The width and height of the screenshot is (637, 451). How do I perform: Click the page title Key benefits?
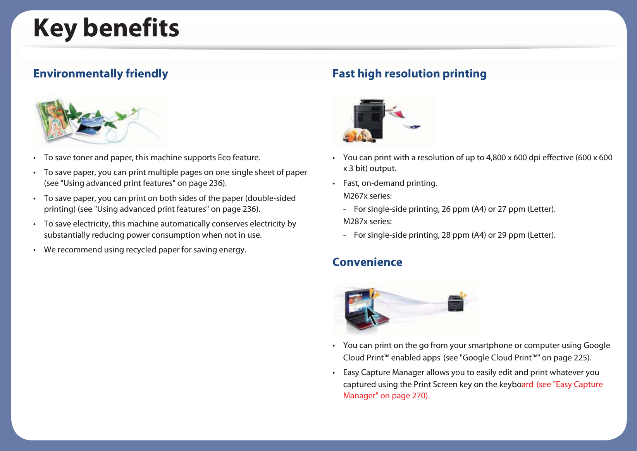pyautogui.click(x=106, y=28)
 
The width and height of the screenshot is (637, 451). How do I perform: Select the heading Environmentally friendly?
pyautogui.click(x=101, y=74)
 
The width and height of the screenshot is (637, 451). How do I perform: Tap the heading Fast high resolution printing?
pyautogui.click(x=410, y=74)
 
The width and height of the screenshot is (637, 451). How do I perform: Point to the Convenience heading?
pyautogui.click(x=367, y=262)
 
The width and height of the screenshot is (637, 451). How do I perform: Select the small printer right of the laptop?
pyautogui.click(x=456, y=303)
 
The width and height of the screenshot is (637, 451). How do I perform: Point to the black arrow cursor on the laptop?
pyautogui.click(x=372, y=316)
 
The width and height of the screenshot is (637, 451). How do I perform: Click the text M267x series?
pyautogui.click(x=367, y=196)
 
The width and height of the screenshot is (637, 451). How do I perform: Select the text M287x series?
pyautogui.click(x=367, y=221)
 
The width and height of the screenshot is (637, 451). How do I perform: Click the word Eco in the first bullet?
pyautogui.click(x=224, y=158)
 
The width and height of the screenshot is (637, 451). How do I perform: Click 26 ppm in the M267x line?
pyautogui.click(x=455, y=209)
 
